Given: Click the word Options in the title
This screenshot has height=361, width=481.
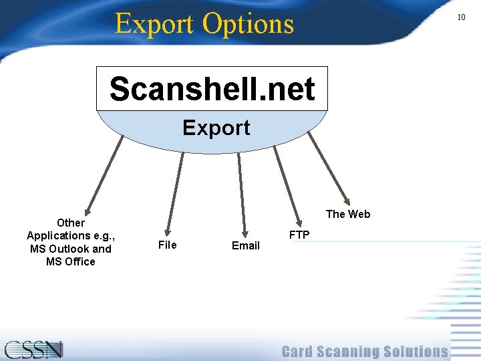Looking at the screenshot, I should pos(248,24).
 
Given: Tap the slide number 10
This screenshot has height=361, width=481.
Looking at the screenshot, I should pos(461,17).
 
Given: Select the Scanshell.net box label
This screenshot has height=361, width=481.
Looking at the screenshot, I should pos(212,89).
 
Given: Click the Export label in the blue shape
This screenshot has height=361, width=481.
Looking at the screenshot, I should pos(216,128).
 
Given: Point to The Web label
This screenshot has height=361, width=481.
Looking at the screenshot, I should pos(347,214).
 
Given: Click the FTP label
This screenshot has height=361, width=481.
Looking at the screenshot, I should pos(299,235).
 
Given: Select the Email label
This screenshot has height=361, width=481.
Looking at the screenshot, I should pos(245,245).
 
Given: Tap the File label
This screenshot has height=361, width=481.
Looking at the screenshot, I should pos(167,245).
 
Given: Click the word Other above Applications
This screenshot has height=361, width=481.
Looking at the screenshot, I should pos(71,223).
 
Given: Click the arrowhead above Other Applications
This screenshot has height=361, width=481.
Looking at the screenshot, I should pos(85,209).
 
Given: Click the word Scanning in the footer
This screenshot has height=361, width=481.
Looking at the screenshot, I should pos(353,352).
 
